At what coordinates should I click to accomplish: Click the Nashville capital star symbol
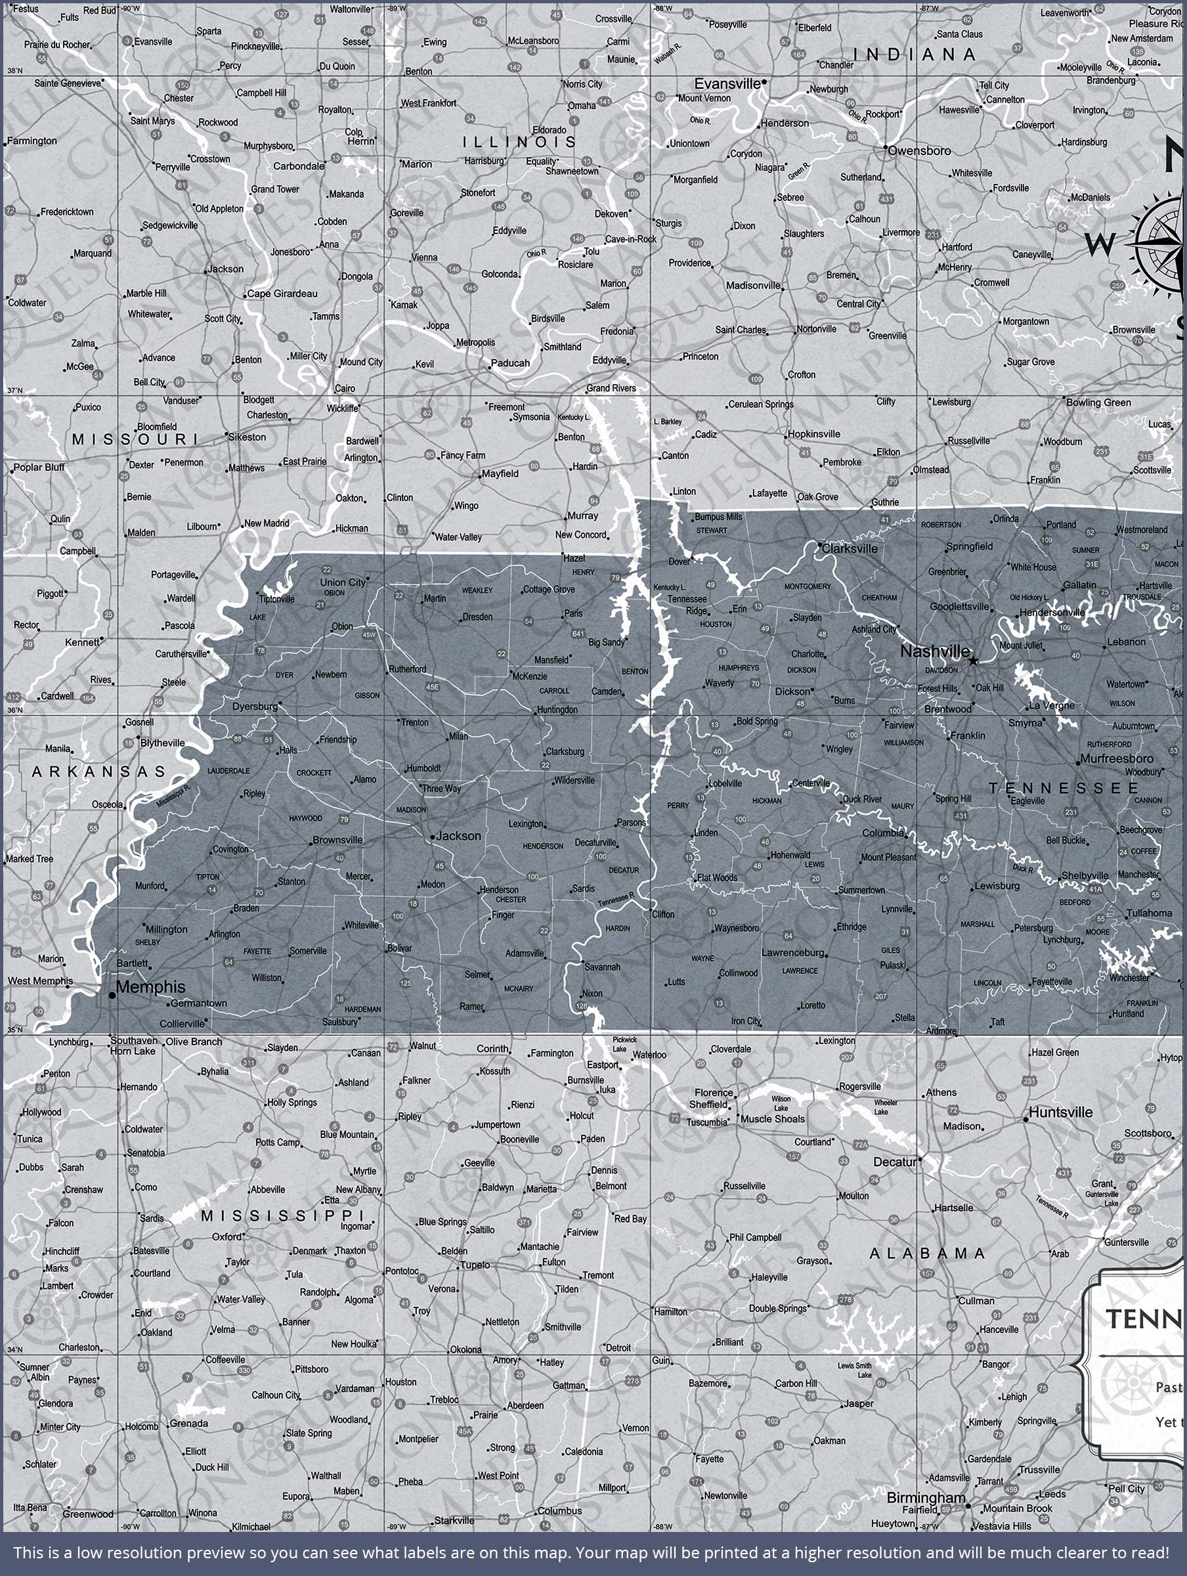click(973, 661)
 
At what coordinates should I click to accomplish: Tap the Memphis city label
click(150, 987)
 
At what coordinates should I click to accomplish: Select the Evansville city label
click(727, 84)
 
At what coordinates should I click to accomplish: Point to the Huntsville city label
click(1060, 1112)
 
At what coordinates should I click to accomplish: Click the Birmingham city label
click(926, 1498)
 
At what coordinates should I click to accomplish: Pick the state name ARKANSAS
click(98, 772)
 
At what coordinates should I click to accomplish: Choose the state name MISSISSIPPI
click(282, 1215)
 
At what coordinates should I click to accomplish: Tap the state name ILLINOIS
click(519, 142)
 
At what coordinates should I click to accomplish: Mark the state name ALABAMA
click(927, 1253)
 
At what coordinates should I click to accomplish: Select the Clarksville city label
click(850, 548)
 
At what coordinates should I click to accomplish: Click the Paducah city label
click(510, 363)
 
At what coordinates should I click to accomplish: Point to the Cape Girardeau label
click(282, 294)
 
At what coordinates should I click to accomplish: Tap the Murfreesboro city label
click(1117, 759)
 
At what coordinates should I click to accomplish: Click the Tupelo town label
click(475, 1265)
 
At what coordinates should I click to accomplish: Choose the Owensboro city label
click(919, 151)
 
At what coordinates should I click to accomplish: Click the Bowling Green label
click(1098, 403)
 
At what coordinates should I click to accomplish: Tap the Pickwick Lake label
click(625, 1045)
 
